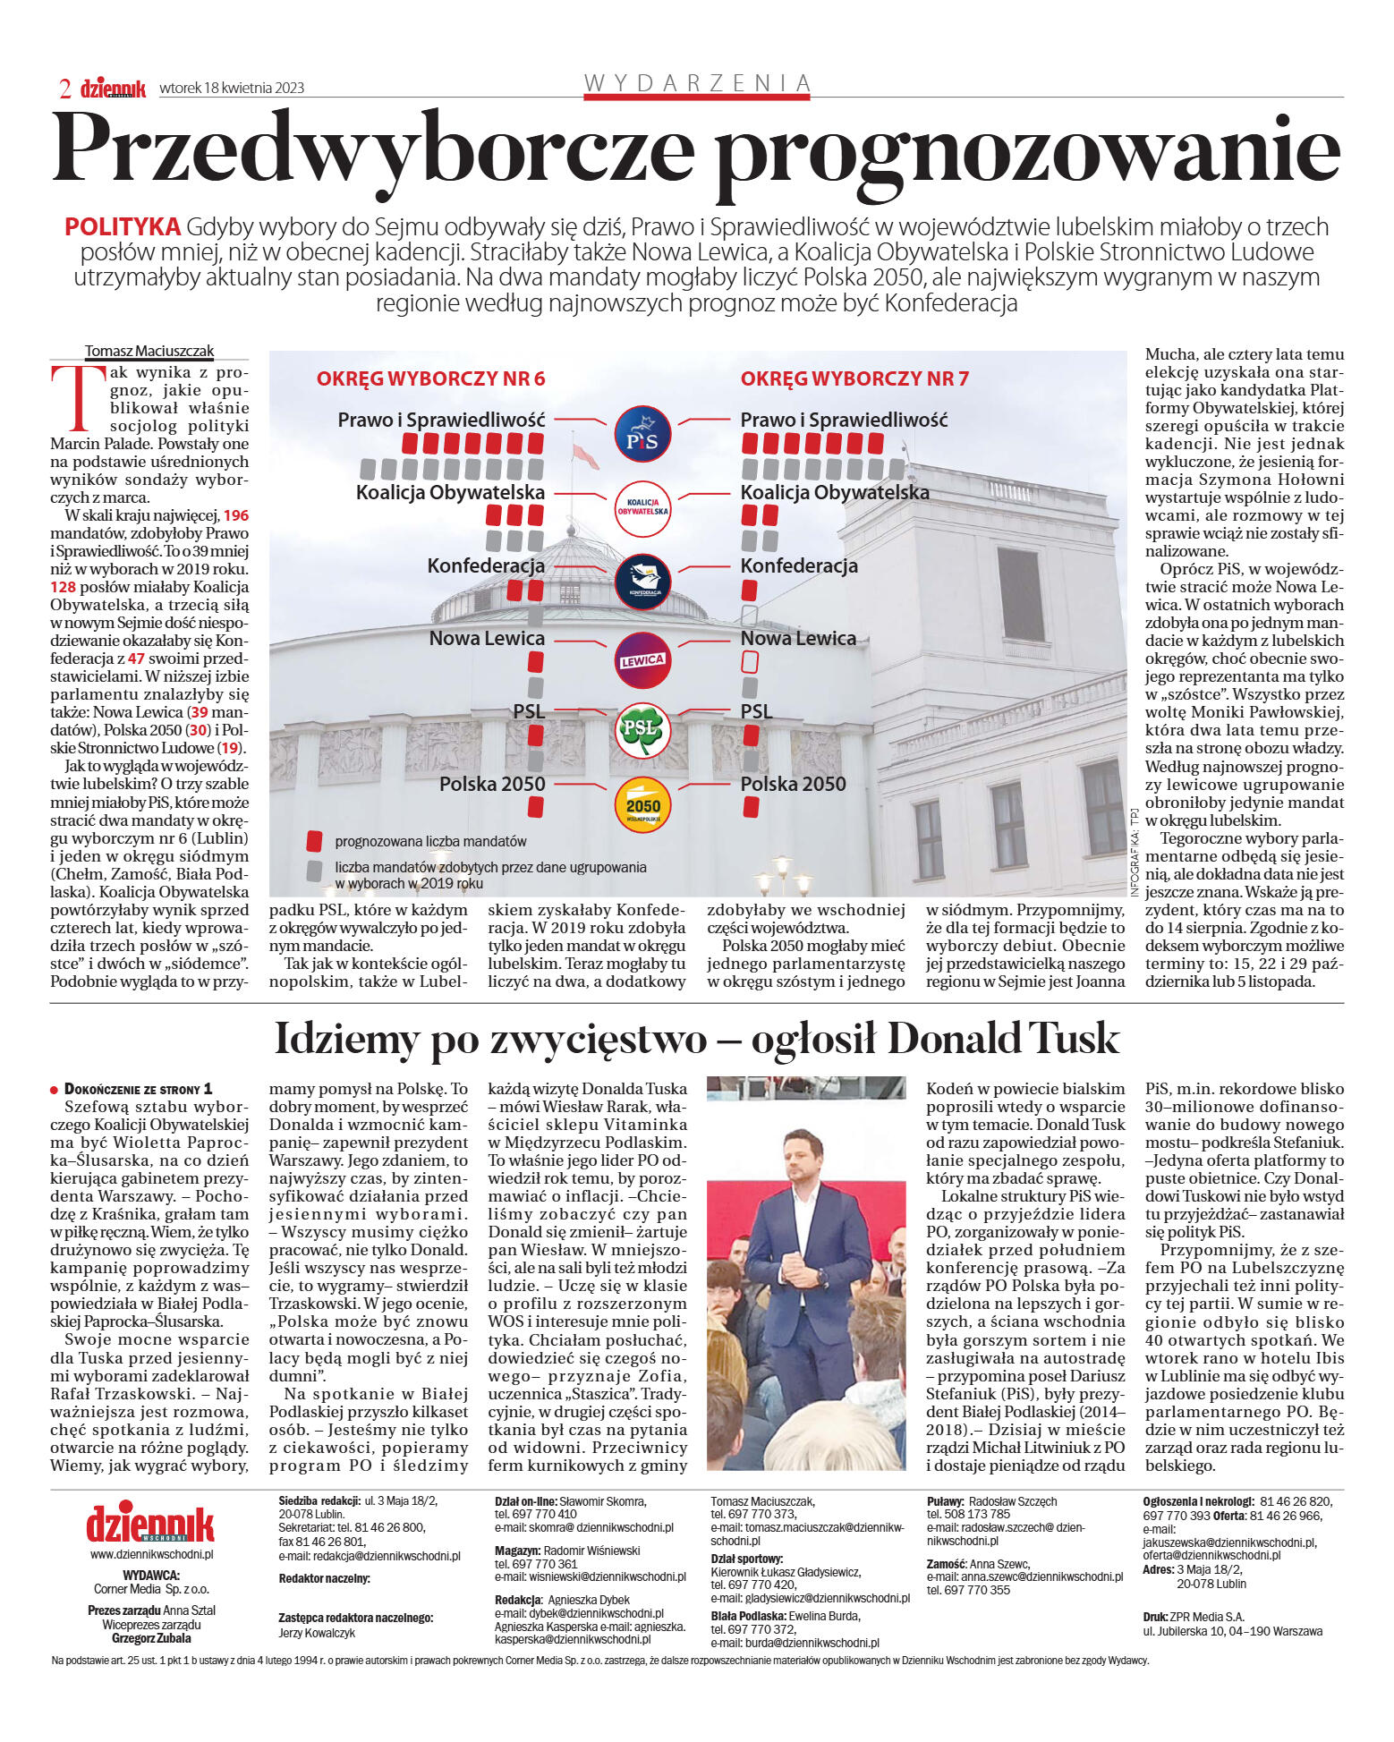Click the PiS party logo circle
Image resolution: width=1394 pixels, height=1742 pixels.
pyautogui.click(x=642, y=435)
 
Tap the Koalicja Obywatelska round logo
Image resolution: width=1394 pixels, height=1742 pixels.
pyautogui.click(x=642, y=509)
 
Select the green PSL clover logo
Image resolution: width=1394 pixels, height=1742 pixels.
pyautogui.click(x=642, y=729)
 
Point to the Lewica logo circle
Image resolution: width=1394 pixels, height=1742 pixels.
pyautogui.click(x=642, y=660)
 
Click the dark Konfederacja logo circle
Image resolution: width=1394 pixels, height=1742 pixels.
pyautogui.click(x=642, y=582)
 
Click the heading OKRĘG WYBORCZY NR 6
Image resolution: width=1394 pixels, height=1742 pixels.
pyautogui.click(x=430, y=379)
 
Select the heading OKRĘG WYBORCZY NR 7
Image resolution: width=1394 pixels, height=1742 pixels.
pyautogui.click(x=854, y=379)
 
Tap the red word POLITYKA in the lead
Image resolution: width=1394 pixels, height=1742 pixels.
pyautogui.click(x=123, y=227)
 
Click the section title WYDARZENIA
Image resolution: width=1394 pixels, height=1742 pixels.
pyautogui.click(x=697, y=84)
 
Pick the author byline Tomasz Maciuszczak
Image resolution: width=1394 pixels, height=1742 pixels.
pyautogui.click(x=149, y=352)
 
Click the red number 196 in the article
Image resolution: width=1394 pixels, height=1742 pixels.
pyautogui.click(x=236, y=515)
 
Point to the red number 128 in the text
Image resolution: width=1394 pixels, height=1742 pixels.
pyautogui.click(x=63, y=587)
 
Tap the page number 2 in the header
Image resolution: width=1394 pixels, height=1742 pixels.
pyautogui.click(x=65, y=89)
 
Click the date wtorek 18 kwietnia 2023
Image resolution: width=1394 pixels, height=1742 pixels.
pyautogui.click(x=232, y=88)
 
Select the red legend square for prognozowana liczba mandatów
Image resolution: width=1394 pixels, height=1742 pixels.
pyautogui.click(x=314, y=841)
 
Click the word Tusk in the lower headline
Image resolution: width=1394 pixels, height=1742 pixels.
pyautogui.click(x=1073, y=1039)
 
